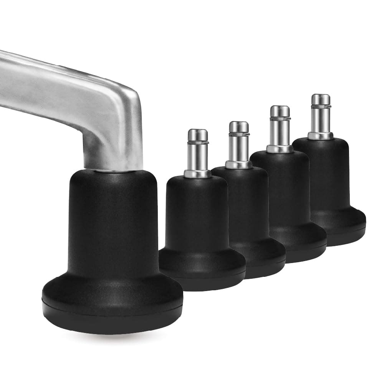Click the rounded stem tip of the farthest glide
click(321, 99)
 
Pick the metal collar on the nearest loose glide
click(197, 174)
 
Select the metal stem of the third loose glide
click(280, 131)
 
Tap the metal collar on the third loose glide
click(280, 149)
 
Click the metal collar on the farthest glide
click(320, 136)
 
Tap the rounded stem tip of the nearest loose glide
click(198, 134)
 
